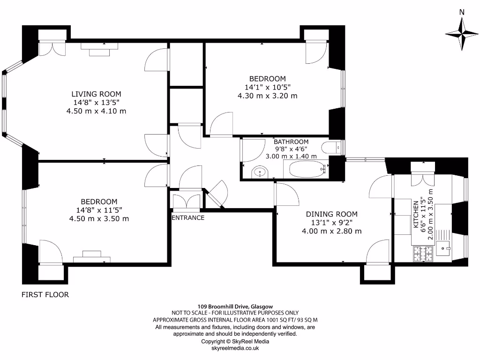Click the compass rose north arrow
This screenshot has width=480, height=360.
tap(462, 33)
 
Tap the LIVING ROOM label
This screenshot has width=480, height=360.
tap(96, 94)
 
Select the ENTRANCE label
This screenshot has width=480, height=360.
tap(187, 217)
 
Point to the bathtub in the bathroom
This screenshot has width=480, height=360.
tap(307, 169)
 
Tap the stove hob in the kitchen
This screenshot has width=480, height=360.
tap(423, 254)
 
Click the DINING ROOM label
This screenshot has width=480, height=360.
tap(332, 214)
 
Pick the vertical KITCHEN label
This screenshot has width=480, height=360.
tap(416, 214)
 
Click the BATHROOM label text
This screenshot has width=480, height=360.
tap(291, 142)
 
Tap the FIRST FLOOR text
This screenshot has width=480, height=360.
tap(45, 295)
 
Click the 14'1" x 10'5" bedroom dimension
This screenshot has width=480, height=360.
tap(267, 87)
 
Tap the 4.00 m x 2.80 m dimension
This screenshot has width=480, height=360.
tap(332, 231)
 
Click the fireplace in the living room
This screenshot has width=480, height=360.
tap(99, 49)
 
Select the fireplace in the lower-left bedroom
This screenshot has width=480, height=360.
tap(92, 256)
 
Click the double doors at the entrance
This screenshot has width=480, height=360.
tap(186, 201)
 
